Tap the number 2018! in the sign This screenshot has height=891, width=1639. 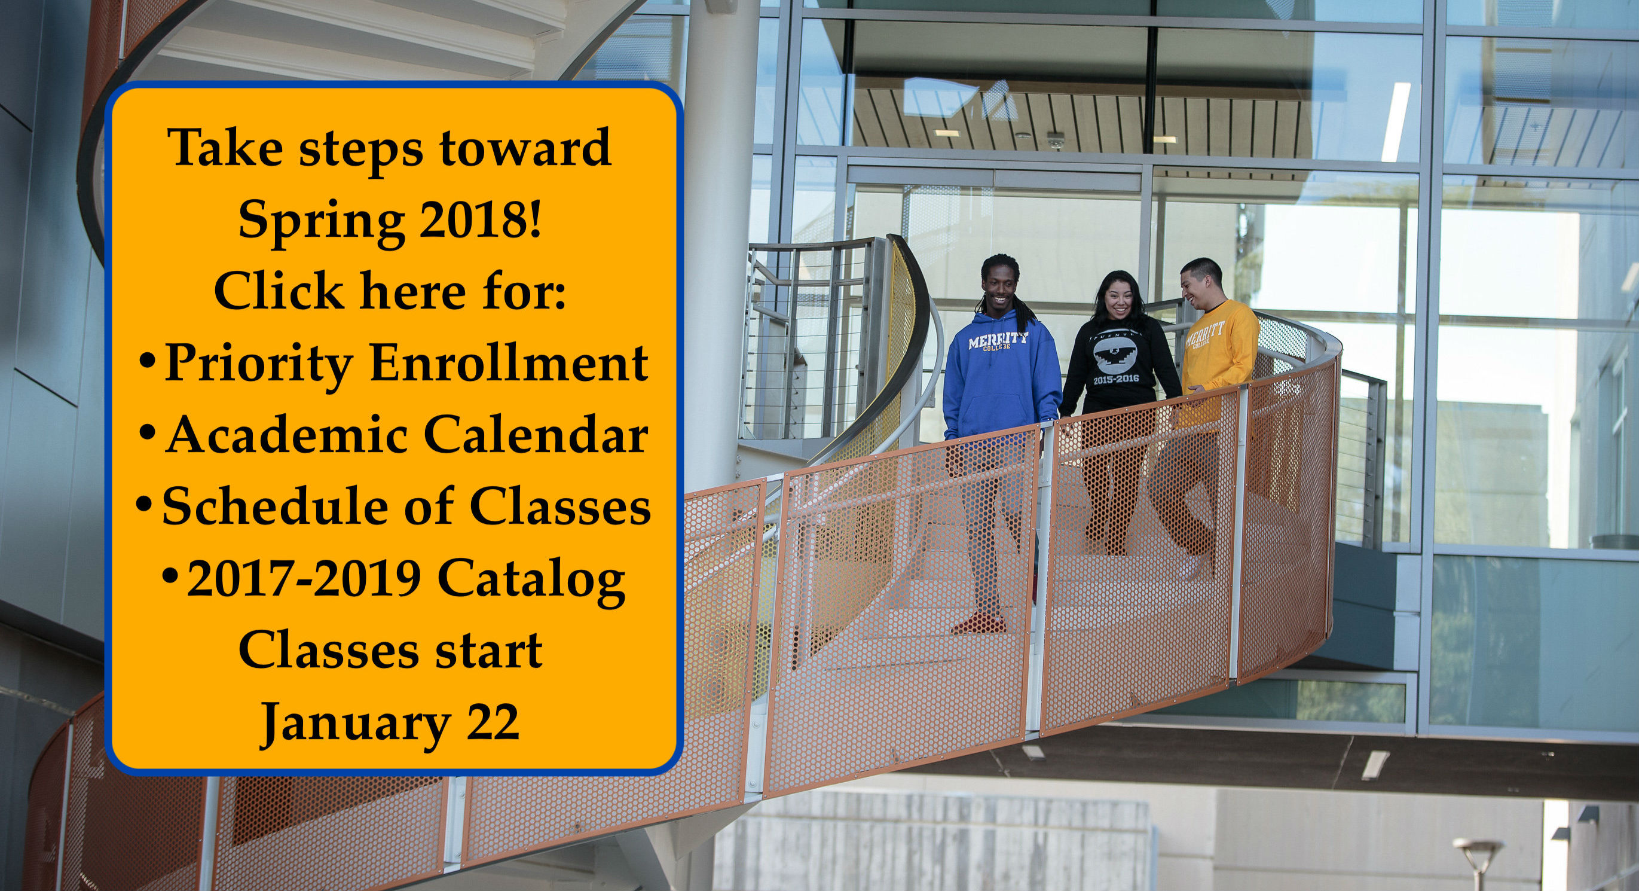[481, 218]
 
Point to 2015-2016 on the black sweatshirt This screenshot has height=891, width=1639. [1114, 379]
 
